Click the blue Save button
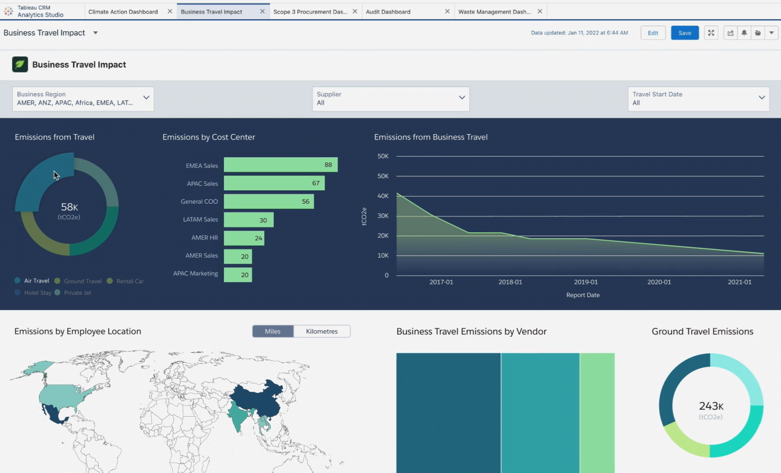[x=684, y=33]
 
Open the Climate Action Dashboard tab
[x=123, y=12]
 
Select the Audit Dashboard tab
[x=388, y=12]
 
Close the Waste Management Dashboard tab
[x=540, y=12]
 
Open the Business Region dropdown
[x=83, y=99]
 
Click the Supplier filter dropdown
[x=390, y=99]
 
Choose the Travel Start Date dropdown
[x=698, y=99]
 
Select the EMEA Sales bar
[x=280, y=165]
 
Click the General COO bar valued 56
[x=268, y=201]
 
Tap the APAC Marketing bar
[x=238, y=275]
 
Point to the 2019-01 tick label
[x=586, y=282]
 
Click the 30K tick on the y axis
[x=383, y=216]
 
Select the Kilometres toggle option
[x=321, y=331]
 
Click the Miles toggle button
[x=273, y=331]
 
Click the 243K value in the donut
[x=711, y=406]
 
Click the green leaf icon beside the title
[x=20, y=64]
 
